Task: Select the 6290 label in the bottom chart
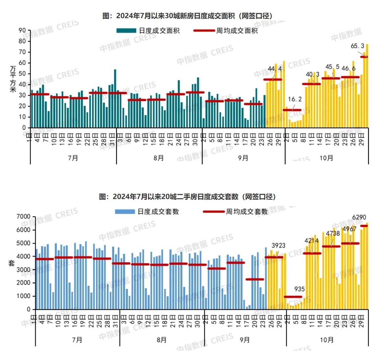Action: point(359,217)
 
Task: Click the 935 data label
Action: point(299,289)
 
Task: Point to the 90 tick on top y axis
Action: point(22,30)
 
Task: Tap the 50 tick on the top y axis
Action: point(22,74)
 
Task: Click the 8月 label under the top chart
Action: point(158,158)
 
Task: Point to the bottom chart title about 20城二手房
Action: point(187,197)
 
